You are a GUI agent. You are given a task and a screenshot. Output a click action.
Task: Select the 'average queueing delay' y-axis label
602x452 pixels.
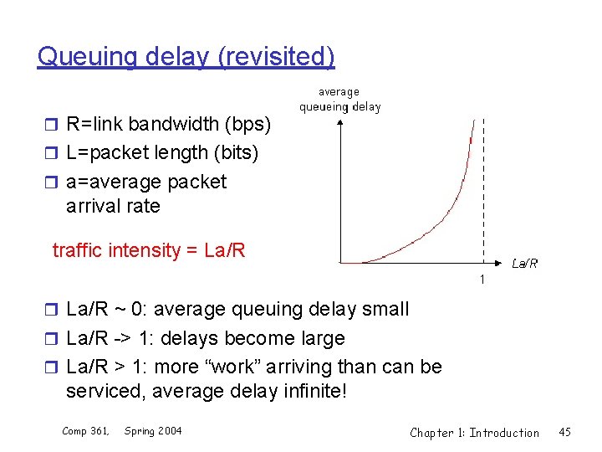[339, 99]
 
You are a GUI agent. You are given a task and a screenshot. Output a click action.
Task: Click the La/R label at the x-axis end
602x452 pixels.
[524, 264]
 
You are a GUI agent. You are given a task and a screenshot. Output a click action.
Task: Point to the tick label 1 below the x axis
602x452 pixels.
[482, 279]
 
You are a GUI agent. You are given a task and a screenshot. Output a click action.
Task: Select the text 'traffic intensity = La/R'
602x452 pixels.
[148, 250]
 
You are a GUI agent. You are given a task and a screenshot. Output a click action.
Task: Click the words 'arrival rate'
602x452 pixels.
[112, 206]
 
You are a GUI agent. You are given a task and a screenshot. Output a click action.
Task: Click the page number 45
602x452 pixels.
[564, 433]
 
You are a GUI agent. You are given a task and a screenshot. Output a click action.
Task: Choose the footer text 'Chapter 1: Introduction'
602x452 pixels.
[474, 433]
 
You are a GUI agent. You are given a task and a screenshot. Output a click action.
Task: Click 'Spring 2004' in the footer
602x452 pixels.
[152, 431]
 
